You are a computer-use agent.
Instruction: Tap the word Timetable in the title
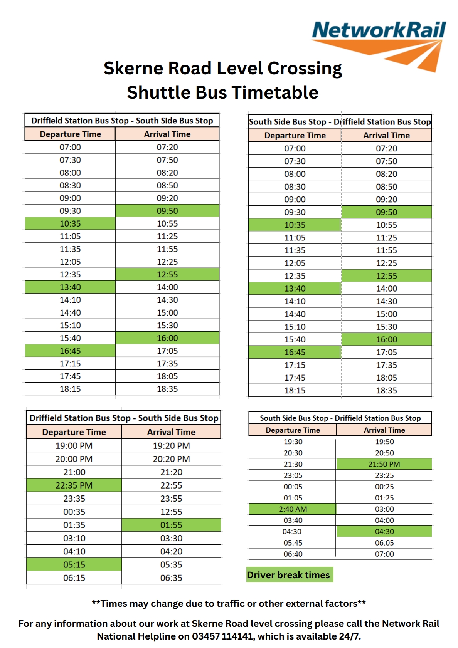(274, 92)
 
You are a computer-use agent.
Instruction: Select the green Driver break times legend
(289, 575)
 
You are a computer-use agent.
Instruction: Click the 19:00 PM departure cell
(74, 446)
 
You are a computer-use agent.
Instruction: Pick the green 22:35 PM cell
(74, 485)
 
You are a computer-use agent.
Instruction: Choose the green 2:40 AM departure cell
(293, 509)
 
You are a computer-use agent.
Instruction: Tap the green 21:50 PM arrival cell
(384, 464)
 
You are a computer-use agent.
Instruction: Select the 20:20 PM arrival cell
(171, 459)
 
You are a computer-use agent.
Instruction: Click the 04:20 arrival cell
(171, 551)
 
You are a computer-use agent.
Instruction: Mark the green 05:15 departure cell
(74, 565)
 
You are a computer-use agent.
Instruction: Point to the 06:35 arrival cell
(171, 578)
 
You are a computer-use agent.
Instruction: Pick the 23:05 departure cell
(293, 475)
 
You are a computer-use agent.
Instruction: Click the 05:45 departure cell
(293, 543)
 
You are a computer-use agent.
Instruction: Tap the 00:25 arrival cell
(384, 487)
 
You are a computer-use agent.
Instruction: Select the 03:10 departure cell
(74, 538)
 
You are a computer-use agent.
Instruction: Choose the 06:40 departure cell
(293, 554)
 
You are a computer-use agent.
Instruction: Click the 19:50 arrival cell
(384, 442)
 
